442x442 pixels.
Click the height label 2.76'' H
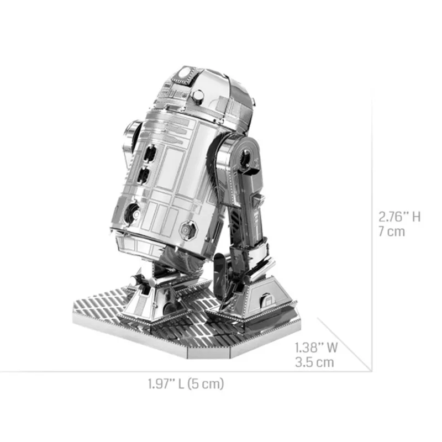coord(399,216)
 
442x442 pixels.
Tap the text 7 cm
coord(391,231)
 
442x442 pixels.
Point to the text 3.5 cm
coord(314,362)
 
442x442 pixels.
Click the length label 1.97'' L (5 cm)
coord(186,383)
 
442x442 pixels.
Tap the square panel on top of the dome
coord(185,73)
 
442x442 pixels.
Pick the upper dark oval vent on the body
coord(146,151)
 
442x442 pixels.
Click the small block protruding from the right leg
coord(259,200)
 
